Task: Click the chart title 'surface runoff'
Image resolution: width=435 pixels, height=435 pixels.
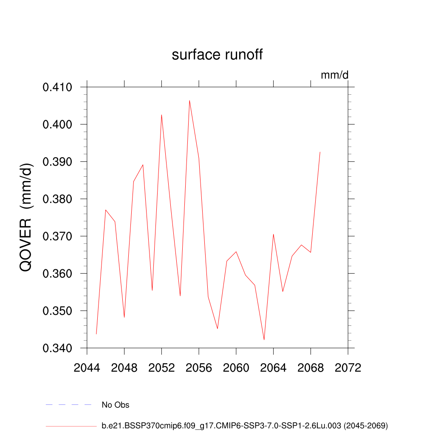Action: coord(217,55)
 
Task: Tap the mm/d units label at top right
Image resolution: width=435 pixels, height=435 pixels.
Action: coord(334,75)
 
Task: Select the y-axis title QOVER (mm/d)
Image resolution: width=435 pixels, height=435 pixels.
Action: coord(26,217)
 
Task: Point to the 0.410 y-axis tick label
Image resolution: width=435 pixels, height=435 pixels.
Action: coord(57,88)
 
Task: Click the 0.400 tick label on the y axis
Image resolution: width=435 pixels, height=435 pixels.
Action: coord(57,125)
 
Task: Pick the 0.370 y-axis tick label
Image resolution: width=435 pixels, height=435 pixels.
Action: coord(57,237)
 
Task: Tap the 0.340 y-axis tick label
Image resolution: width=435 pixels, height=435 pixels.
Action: coord(57,348)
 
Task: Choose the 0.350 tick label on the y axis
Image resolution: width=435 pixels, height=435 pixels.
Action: coord(57,311)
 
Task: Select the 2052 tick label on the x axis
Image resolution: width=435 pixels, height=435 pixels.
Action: coord(161,368)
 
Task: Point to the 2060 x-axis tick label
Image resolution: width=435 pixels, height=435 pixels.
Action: coord(236,368)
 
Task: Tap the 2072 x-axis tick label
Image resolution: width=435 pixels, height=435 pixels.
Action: coord(347,368)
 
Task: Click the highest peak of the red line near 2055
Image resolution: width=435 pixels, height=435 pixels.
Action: coord(189,101)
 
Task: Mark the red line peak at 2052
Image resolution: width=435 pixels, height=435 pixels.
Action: coord(161,115)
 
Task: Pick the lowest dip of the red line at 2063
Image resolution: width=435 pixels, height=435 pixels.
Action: coord(264,340)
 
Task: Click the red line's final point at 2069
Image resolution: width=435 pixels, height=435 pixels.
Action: coord(320,152)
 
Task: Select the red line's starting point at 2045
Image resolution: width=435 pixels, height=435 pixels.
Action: coord(96,334)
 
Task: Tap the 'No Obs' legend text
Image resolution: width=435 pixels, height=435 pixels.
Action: coord(116,405)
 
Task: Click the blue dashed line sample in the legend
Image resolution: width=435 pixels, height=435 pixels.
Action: coord(69,405)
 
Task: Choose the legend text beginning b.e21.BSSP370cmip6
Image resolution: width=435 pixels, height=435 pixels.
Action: coord(245,425)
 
